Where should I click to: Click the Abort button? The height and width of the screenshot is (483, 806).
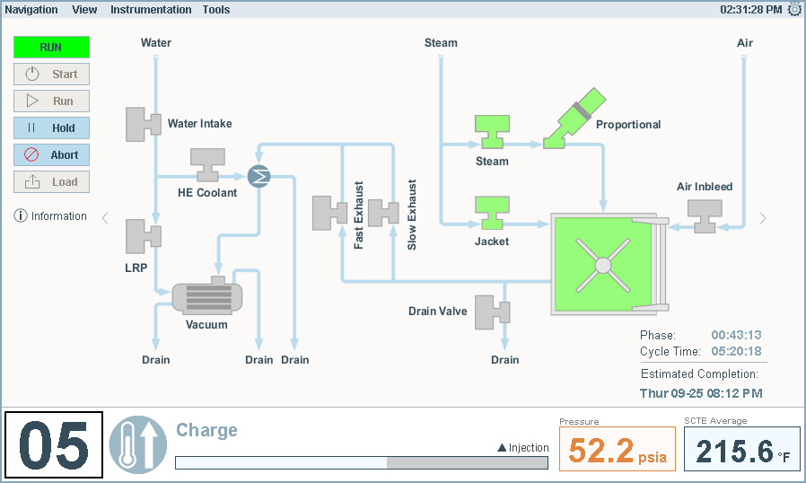pyautogui.click(x=51, y=154)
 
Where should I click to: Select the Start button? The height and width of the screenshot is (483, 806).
pyautogui.click(x=51, y=75)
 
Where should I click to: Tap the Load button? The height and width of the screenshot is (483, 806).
pyautogui.click(x=51, y=181)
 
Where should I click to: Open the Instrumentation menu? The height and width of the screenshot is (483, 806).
pyautogui.click(x=151, y=10)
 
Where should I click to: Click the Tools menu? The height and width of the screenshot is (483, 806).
pyautogui.click(x=216, y=10)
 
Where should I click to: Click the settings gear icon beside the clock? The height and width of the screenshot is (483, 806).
pyautogui.click(x=794, y=9)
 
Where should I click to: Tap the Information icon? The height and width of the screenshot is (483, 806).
pyautogui.click(x=21, y=216)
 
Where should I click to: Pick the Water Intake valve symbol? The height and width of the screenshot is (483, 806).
pyautogui.click(x=142, y=124)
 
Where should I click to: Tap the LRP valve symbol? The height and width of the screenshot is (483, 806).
pyautogui.click(x=142, y=236)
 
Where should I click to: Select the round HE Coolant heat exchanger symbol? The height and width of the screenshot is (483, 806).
pyautogui.click(x=258, y=176)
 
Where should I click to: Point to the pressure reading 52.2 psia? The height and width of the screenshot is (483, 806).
pyautogui.click(x=618, y=450)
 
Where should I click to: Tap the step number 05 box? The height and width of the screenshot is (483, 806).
pyautogui.click(x=54, y=444)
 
